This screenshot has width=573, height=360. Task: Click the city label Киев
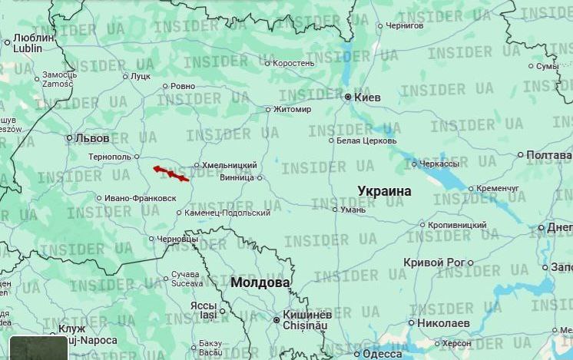coord(366,97)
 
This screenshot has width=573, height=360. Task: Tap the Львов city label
coord(92,139)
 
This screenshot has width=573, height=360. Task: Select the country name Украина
coord(384,191)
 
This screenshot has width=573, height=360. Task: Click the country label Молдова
coord(260,282)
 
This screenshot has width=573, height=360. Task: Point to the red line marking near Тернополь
coord(171,173)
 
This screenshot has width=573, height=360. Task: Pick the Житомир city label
coord(293,109)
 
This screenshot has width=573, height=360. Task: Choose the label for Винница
coord(237,177)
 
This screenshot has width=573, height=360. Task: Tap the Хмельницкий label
coord(230,165)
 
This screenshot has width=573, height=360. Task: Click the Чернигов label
coord(405,26)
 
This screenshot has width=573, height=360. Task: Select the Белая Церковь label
coord(367,140)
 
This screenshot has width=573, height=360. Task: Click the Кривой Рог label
coord(434,263)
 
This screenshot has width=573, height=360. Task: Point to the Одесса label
coord(382,354)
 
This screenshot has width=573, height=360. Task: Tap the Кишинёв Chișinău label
coord(306,320)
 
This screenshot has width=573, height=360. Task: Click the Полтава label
coord(549,155)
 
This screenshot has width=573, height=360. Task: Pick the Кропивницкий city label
coord(458,225)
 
